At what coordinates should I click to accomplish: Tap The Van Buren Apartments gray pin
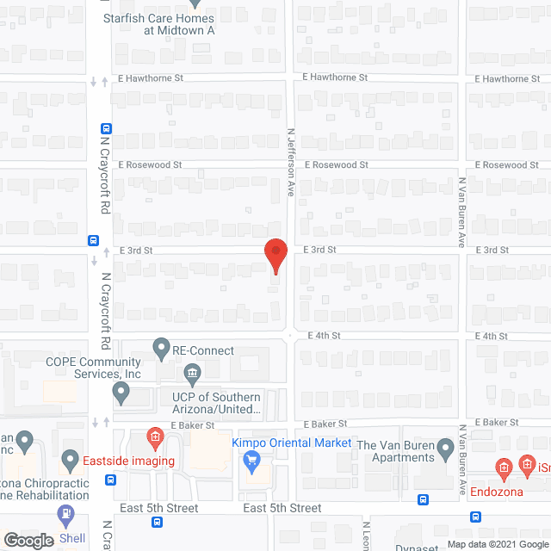pos(445,448)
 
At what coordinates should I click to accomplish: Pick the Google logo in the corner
pos(28,540)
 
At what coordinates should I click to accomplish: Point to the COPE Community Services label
pos(93,368)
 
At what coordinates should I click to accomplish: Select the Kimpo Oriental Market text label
pos(292,443)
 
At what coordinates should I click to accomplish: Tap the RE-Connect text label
pos(203,350)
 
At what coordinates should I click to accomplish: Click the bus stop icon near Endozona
pos(475,517)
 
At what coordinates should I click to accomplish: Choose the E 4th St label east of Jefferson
pos(325,335)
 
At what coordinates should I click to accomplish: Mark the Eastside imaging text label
pos(130,461)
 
